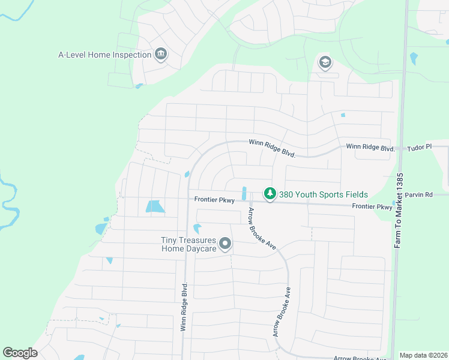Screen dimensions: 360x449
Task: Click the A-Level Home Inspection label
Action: pos(104,55)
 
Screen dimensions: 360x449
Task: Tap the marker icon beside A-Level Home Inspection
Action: pos(160,55)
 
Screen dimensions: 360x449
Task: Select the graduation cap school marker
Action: pos(325,61)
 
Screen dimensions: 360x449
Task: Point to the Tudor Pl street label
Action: pos(419,147)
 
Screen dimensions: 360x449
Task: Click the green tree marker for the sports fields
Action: pos(270,194)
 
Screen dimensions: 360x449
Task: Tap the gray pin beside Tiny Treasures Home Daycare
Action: pos(225,244)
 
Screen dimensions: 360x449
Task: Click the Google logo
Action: pos(20,352)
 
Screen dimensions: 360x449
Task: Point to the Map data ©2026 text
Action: pos(423,355)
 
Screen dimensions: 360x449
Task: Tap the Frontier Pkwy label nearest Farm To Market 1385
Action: pos(372,207)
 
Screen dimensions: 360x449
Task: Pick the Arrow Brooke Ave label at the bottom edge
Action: pos(360,358)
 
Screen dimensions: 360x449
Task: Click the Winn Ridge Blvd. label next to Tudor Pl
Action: pos(370,148)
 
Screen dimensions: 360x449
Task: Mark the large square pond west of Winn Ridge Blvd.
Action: pos(155,207)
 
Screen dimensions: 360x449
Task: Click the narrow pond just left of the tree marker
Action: pos(244,194)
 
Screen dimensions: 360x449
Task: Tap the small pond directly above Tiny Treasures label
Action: pos(197,229)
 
